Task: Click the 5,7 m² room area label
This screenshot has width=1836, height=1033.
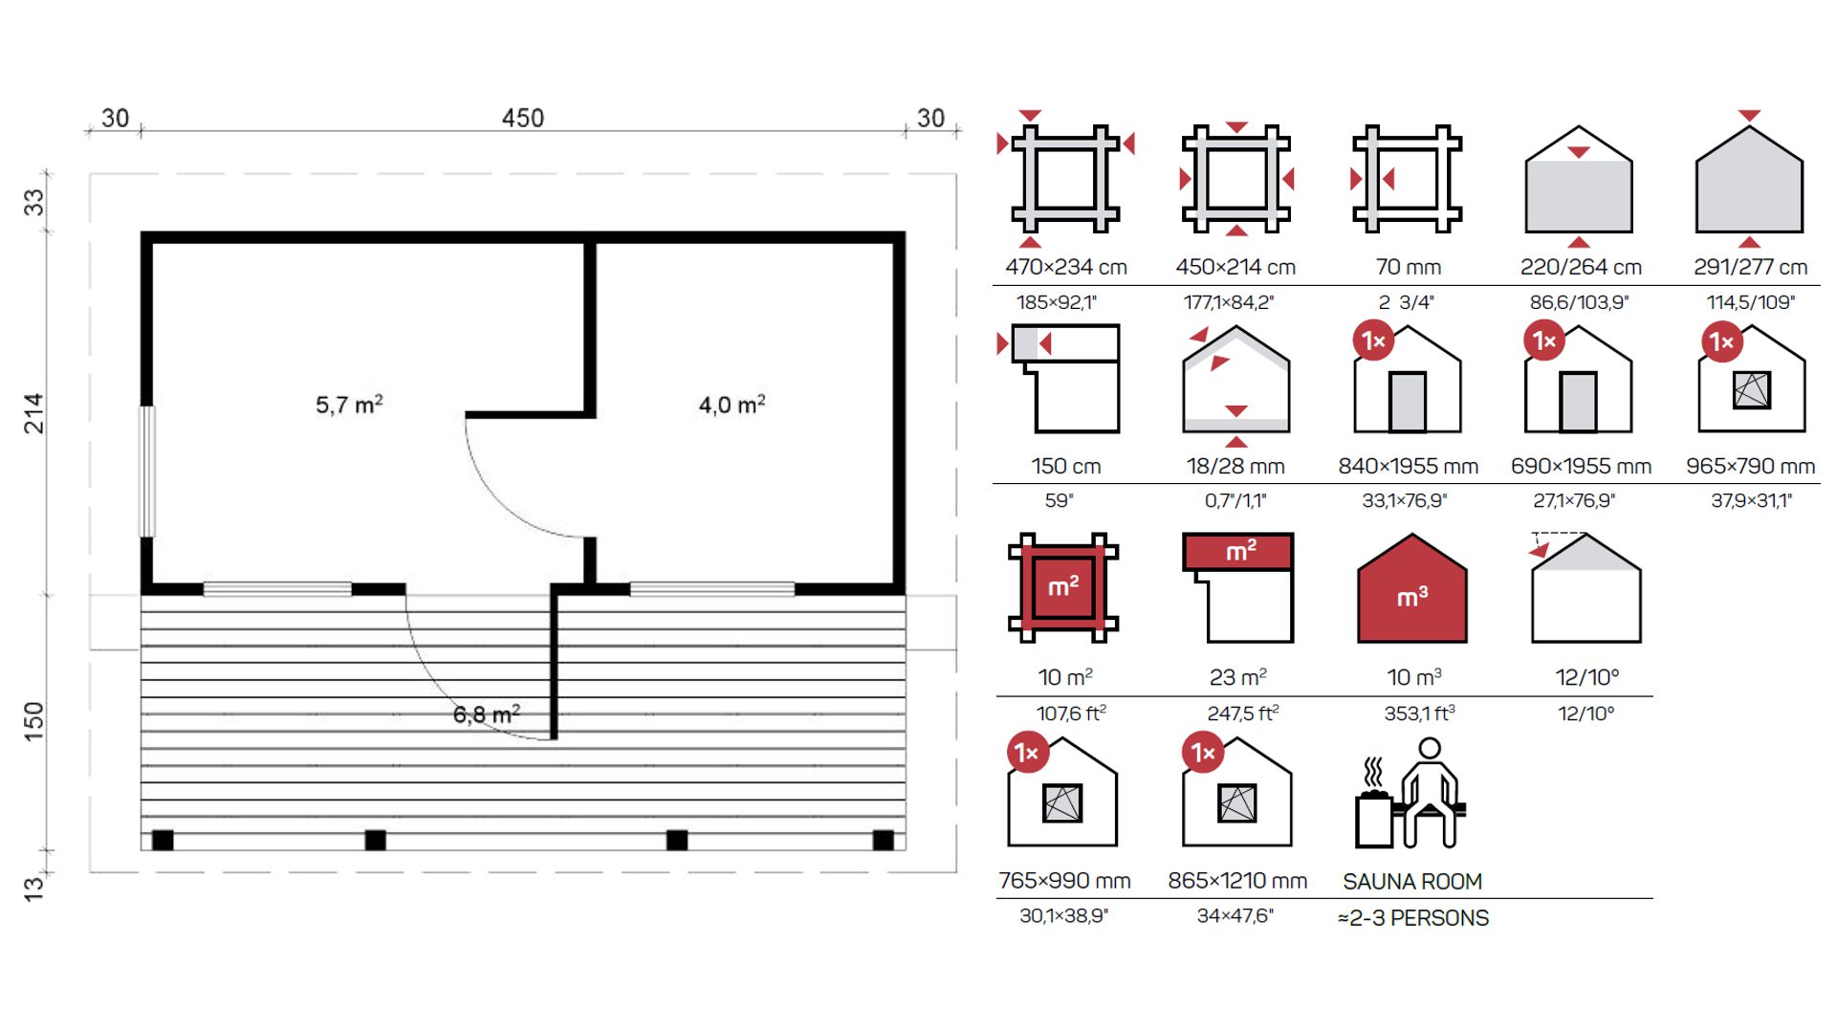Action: pos(349,405)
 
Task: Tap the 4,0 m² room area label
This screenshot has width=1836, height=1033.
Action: pos(732,405)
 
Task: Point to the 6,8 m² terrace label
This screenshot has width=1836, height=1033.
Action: pos(487,714)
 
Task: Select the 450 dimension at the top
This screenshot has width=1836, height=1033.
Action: pos(523,118)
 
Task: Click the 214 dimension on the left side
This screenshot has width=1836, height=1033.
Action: pos(33,413)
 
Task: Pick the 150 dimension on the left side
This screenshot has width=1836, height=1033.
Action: pos(33,721)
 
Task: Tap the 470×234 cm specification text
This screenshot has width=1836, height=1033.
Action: pos(1066,267)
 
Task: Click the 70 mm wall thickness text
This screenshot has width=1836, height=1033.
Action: pos(1409,267)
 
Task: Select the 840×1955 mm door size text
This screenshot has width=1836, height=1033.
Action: pos(1409,466)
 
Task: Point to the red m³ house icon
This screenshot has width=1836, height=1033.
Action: pos(1412,589)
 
